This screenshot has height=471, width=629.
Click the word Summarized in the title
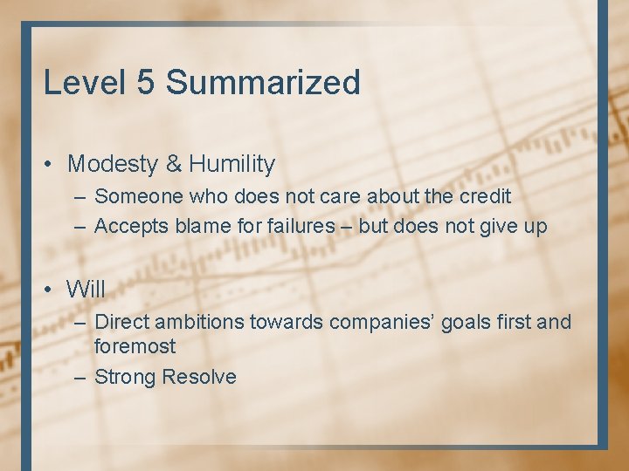tap(263, 83)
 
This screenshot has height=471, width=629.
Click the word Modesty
tap(113, 164)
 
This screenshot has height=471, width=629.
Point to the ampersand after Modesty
tap(173, 164)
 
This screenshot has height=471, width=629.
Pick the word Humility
tap(232, 164)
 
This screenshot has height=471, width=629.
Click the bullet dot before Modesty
tap(51, 165)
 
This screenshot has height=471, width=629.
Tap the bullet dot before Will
tap(51, 289)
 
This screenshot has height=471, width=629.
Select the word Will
tap(86, 288)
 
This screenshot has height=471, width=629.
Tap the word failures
tap(282, 227)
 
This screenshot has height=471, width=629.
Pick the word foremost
tap(135, 346)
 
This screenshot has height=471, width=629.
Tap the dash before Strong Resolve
tap(79, 377)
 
